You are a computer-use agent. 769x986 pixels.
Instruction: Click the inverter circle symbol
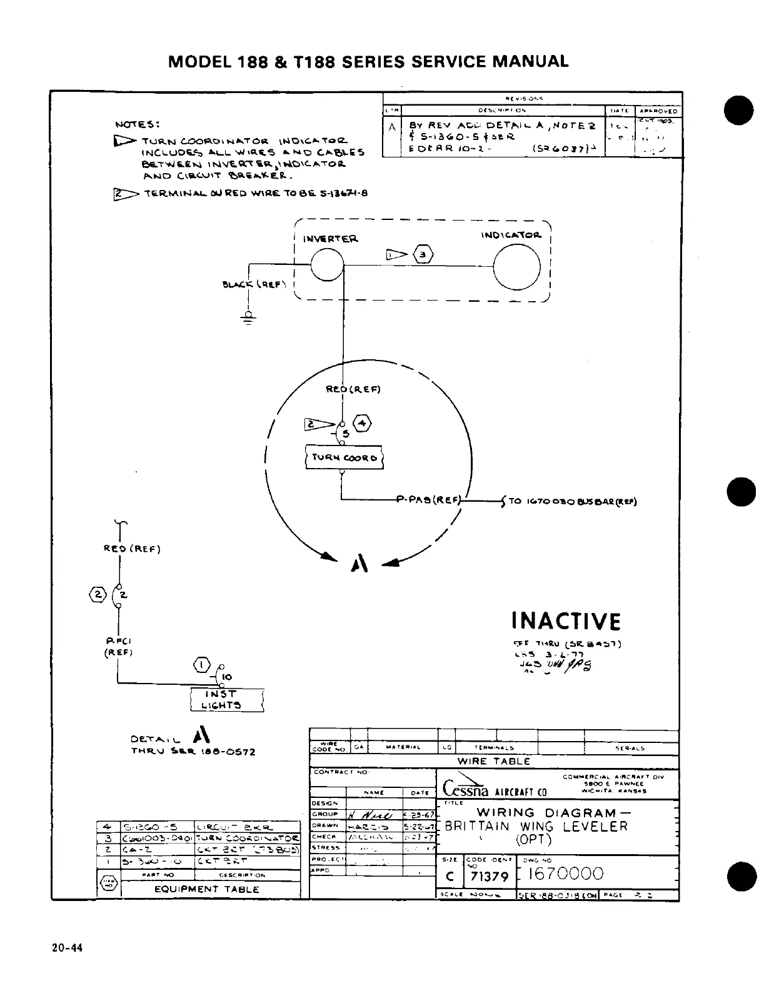(x=327, y=266)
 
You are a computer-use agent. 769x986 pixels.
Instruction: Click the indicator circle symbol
(x=517, y=266)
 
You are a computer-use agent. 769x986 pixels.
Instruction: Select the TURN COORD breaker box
(x=343, y=457)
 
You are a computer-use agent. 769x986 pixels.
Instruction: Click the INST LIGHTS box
(x=226, y=700)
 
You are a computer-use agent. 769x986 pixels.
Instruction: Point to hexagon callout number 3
(x=423, y=254)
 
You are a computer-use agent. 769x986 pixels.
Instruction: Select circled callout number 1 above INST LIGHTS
(x=202, y=664)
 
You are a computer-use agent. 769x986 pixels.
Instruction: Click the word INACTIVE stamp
(x=566, y=622)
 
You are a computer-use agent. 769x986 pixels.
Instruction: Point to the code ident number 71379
(x=489, y=876)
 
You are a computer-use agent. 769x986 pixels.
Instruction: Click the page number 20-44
(x=67, y=948)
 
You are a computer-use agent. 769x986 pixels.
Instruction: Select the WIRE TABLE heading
(x=493, y=762)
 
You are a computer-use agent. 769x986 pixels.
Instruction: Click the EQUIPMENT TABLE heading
(x=207, y=889)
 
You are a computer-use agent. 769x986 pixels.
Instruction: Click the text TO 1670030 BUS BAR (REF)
(x=572, y=501)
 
